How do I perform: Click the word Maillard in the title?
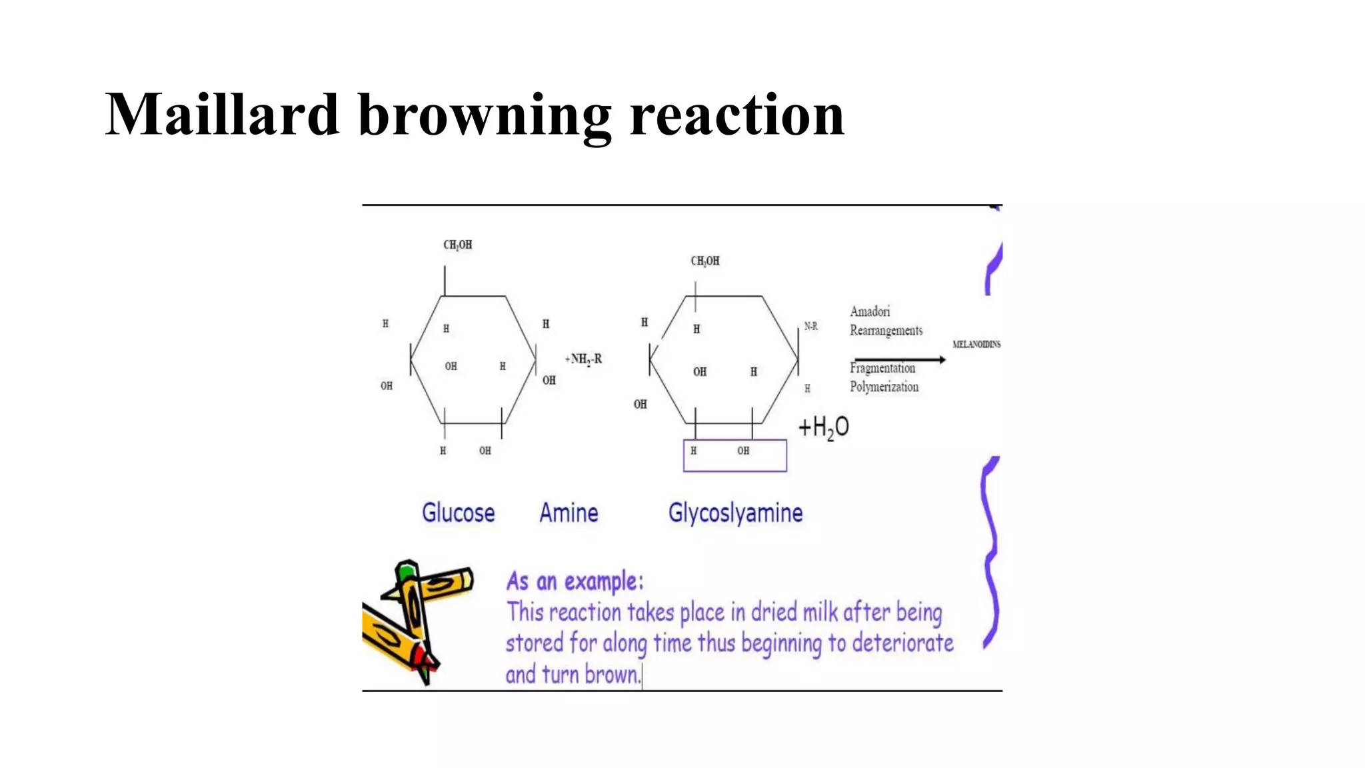click(222, 115)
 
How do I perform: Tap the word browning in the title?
click(485, 117)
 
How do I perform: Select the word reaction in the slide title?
click(736, 115)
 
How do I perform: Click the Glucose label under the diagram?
click(459, 513)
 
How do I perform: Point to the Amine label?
click(569, 513)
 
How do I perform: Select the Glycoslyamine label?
click(735, 513)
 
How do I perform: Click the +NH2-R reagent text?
click(584, 359)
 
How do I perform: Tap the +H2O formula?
click(824, 427)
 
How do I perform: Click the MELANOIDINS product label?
click(976, 344)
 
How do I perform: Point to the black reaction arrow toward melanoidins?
click(899, 359)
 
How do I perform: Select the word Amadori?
click(870, 311)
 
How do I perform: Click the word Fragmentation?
click(882, 368)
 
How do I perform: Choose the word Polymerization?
click(884, 387)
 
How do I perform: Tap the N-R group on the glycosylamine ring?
click(810, 326)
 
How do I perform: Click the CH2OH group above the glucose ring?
click(458, 245)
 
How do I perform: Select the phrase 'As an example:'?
click(575, 581)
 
